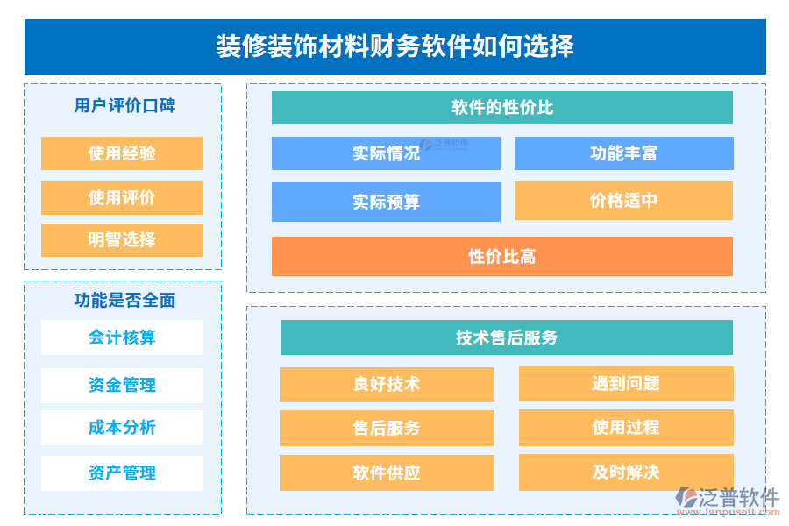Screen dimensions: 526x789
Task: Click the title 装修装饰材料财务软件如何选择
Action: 394,46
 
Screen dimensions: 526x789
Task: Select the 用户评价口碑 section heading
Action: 123,105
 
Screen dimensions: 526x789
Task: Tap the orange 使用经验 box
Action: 122,153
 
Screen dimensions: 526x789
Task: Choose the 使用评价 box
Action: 122,197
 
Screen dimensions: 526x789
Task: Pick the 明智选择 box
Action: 122,240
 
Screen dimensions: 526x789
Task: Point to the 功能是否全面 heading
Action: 123,300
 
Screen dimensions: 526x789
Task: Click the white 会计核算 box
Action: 122,338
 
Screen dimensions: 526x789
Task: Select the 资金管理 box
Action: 122,385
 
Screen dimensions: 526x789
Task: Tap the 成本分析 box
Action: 122,428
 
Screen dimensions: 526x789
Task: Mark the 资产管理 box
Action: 122,473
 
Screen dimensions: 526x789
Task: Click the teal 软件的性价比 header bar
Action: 501,108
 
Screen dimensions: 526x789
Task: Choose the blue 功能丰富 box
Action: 623,153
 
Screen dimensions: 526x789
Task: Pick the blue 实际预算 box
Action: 386,202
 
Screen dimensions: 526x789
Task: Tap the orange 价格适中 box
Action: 623,201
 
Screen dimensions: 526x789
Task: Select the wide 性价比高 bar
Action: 501,257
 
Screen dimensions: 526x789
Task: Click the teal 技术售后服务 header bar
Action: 506,338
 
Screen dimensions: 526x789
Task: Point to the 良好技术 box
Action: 387,384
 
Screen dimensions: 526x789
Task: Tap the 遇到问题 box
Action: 626,383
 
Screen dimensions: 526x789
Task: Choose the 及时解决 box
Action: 626,473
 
